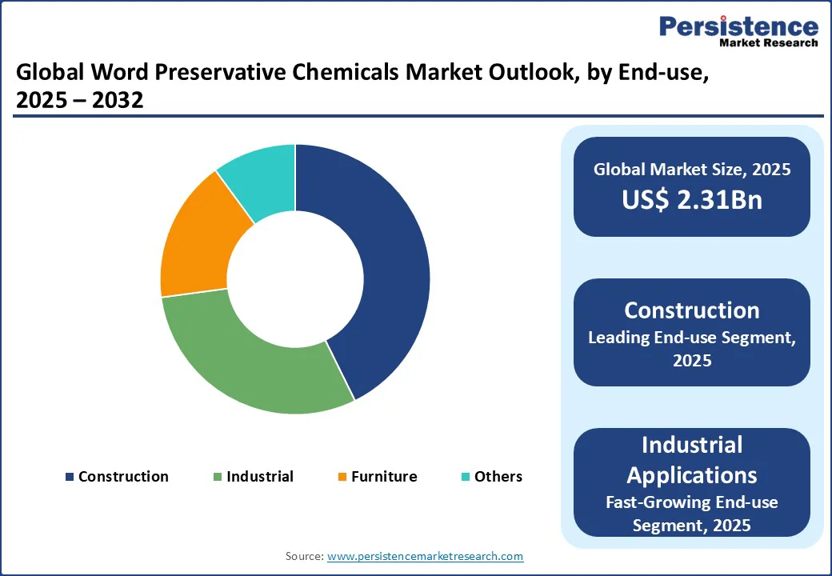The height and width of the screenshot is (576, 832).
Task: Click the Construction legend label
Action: tap(123, 477)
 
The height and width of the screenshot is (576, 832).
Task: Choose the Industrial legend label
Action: tap(259, 477)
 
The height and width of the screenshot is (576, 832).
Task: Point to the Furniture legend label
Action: tap(384, 477)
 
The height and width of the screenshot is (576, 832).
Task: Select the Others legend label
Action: tap(498, 477)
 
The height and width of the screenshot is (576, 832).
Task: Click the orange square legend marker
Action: tap(342, 478)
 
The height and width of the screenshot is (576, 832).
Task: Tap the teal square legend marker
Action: tap(466, 478)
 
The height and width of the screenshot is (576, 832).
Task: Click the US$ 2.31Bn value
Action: tap(692, 200)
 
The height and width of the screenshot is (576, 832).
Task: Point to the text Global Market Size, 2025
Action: tap(692, 169)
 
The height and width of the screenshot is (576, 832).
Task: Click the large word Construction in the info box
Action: tap(692, 310)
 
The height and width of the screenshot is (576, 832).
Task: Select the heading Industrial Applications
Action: tap(692, 459)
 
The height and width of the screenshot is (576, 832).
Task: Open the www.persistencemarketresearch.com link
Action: tap(426, 556)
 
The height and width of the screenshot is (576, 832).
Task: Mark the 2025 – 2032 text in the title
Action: tap(80, 101)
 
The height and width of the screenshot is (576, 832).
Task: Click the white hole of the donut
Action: tap(295, 279)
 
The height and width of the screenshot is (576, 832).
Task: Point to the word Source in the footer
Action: tap(304, 556)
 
